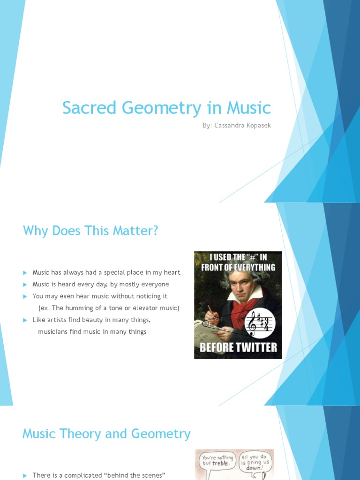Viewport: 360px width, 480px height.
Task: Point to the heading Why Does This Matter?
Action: [x=90, y=231]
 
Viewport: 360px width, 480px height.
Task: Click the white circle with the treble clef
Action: [x=261, y=323]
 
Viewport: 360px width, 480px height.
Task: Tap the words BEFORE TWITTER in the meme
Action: [x=238, y=347]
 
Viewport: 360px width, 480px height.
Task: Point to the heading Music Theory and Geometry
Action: [x=106, y=434]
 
